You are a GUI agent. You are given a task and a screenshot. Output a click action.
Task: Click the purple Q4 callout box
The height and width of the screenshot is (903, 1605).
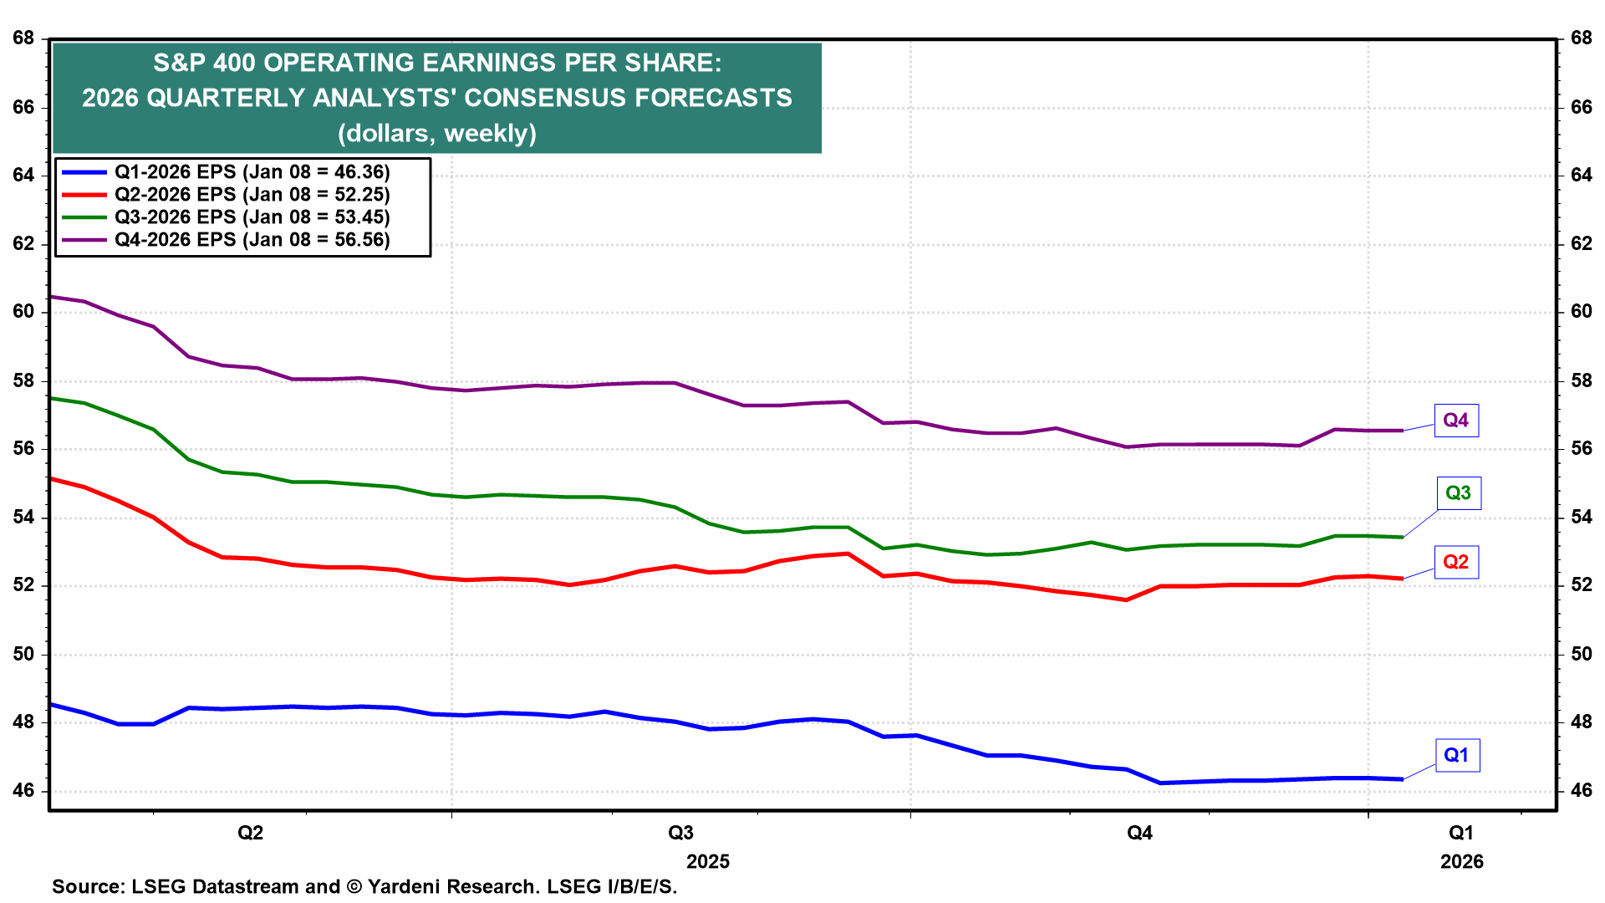click(1455, 421)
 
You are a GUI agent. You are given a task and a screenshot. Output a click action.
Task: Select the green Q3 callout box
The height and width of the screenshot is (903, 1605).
click(1458, 493)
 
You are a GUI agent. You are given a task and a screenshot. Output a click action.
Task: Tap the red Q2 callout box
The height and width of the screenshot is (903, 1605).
click(1455, 562)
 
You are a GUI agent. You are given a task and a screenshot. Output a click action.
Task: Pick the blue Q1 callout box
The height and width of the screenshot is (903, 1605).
click(1456, 756)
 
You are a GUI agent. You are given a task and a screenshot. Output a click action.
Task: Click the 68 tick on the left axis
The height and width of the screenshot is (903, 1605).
click(23, 38)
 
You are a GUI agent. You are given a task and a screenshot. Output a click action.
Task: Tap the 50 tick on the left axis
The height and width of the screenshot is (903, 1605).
click(23, 654)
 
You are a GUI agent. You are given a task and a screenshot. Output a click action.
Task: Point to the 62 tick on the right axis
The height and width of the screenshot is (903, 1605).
click(1581, 244)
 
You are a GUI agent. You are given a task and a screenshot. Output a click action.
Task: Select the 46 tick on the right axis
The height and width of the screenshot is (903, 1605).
click(1581, 791)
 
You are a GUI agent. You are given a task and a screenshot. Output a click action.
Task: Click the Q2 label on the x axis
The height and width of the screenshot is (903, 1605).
click(251, 833)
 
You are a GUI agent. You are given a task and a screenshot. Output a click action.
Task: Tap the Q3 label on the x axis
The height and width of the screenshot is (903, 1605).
click(680, 833)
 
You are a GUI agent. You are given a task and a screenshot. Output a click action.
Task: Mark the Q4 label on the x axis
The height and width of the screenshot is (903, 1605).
click(1139, 833)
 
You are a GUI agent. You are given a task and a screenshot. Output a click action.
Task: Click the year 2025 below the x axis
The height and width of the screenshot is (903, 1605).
click(707, 862)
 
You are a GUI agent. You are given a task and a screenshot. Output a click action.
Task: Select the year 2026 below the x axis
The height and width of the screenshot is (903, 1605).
click(1461, 862)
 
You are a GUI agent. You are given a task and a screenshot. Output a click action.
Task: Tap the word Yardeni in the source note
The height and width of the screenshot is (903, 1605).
click(403, 886)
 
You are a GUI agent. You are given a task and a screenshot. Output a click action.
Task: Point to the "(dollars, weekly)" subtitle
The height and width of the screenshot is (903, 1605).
click(437, 134)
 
